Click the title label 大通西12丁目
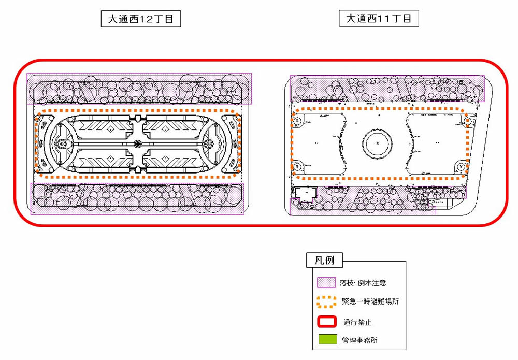[x=141, y=19]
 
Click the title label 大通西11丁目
[x=379, y=18]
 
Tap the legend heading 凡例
[x=324, y=260]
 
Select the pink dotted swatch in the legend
[x=326, y=282]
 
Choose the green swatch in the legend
[x=328, y=339]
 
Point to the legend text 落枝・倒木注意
[x=363, y=283]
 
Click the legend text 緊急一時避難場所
[x=370, y=301]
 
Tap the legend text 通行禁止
[x=357, y=322]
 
